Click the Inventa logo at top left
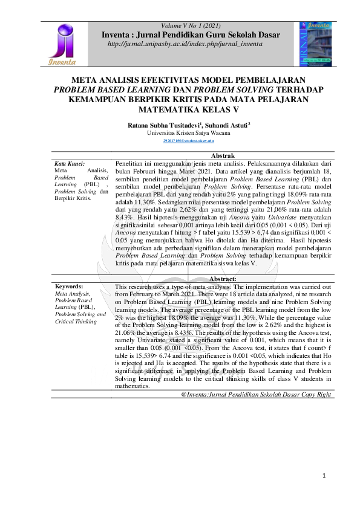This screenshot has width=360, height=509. [x=63, y=44]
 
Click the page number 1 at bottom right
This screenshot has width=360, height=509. [x=324, y=476]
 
